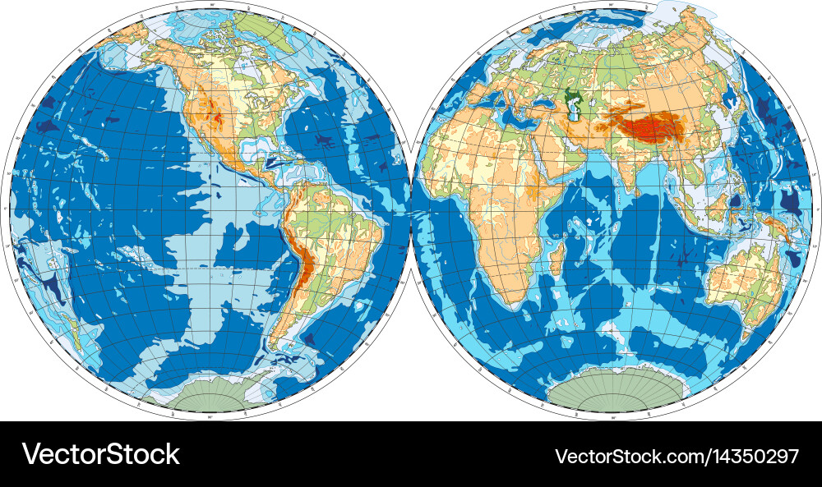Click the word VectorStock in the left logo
click(x=100, y=454)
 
